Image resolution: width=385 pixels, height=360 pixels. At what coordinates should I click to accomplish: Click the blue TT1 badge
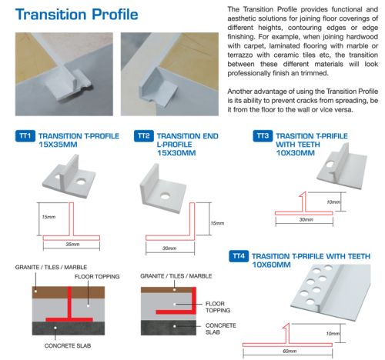tap(25, 135)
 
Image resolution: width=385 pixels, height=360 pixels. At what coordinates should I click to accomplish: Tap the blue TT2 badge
tap(144, 135)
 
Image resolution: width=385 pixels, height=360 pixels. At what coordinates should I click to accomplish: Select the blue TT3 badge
tap(263, 135)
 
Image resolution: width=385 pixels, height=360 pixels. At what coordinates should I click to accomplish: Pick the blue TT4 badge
tap(239, 256)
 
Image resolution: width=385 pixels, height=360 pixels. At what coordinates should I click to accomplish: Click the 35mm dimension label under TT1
tap(72, 244)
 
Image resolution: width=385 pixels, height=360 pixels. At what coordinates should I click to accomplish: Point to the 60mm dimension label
tap(290, 351)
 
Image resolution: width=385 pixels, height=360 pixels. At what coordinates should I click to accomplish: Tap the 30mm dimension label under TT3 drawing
tap(306, 219)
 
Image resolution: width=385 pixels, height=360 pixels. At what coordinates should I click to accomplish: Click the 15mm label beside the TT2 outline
tap(217, 223)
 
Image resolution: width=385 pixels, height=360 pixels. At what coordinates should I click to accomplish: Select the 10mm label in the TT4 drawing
tap(333, 334)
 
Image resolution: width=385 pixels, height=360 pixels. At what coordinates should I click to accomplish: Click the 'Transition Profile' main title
tap(76, 14)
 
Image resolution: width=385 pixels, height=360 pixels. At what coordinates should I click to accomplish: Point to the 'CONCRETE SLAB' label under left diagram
tap(68, 345)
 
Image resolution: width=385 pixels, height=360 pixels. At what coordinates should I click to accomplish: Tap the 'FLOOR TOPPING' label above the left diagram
tap(97, 276)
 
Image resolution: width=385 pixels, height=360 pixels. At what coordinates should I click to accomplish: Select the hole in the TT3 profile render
tap(330, 164)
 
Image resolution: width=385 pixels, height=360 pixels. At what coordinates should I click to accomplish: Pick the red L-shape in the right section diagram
tap(194, 302)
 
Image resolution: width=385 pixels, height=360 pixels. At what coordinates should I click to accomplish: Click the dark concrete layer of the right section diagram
tap(169, 328)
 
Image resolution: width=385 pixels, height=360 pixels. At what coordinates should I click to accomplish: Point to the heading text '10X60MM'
tap(271, 265)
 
